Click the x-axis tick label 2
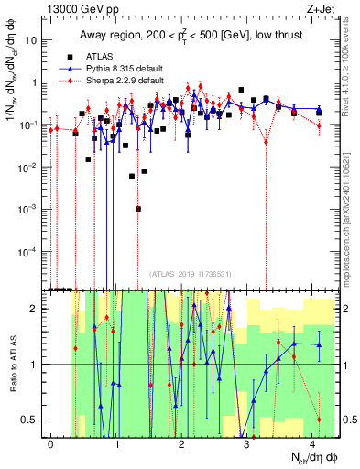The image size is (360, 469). [x=182, y=443]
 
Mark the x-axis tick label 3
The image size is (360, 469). [x=247, y=443]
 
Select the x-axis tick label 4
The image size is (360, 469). [x=312, y=443]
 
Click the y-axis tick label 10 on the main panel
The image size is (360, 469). [x=34, y=40]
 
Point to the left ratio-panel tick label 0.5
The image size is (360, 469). [x=33, y=420]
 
